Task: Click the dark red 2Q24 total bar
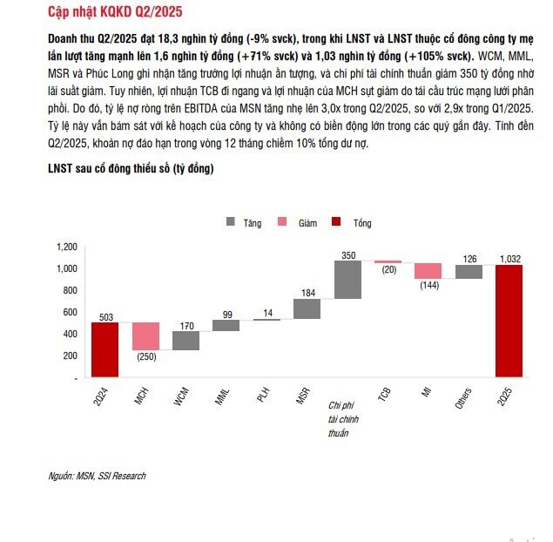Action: pos(105,349)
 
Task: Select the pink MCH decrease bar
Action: pos(145,336)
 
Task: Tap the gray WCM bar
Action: pos(185,341)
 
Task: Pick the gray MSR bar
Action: pos(307,308)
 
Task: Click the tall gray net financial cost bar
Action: pos(347,280)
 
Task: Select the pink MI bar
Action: pos(428,271)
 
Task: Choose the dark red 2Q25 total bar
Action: pos(509,322)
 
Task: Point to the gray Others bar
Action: pos(469,272)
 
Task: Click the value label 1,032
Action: pos(510,259)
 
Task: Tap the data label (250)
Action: pos(146,356)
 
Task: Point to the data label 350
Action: pos(348,255)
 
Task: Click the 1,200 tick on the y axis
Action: pos(67,247)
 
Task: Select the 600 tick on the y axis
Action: pos(71,312)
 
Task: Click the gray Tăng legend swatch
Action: pos(230,222)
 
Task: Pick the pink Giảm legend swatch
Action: pos(282,222)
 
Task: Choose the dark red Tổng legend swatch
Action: pos(336,222)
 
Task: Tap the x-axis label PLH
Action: pos(264,395)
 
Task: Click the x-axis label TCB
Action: pos(384,394)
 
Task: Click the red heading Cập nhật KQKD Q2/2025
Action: pos(115,12)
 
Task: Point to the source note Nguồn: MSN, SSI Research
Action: pos(97,476)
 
